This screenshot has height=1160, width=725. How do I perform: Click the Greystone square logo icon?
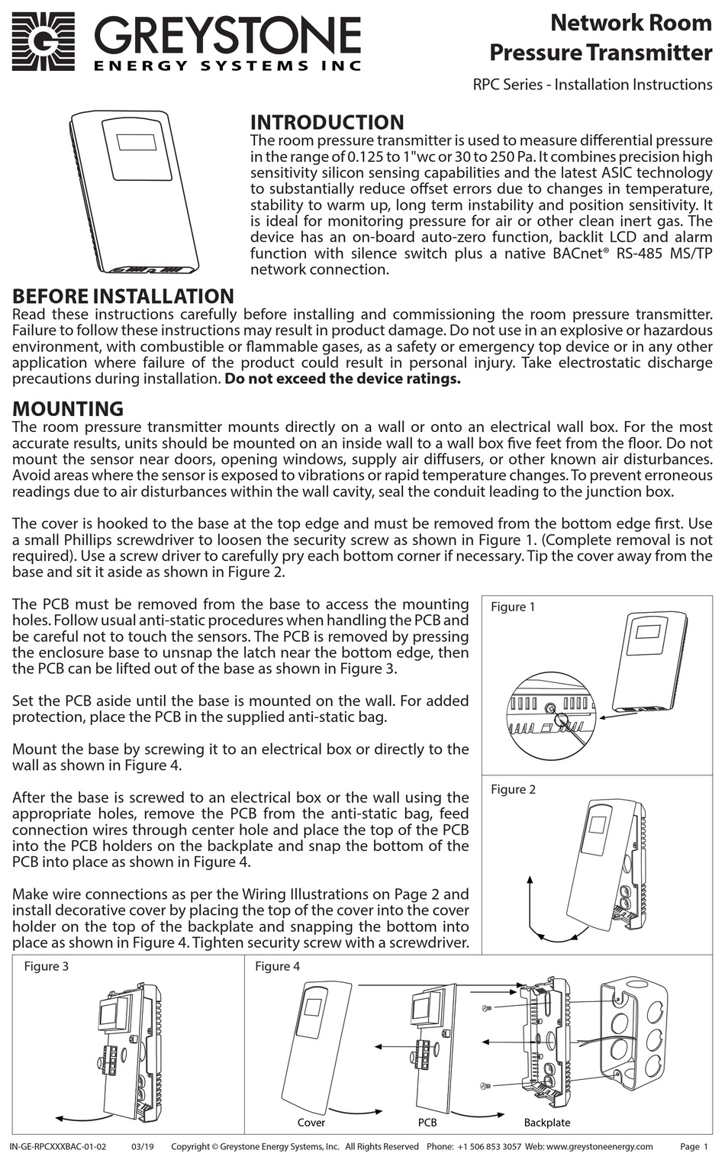pyautogui.click(x=43, y=41)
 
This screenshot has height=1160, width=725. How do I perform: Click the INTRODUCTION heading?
pyautogui.click(x=327, y=123)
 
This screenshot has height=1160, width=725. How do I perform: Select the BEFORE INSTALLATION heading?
pyautogui.click(x=124, y=297)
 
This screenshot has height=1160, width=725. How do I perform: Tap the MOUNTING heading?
pyautogui.click(x=68, y=409)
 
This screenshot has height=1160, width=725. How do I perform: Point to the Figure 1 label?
pyautogui.click(x=512, y=607)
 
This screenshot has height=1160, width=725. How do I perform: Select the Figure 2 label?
pyautogui.click(x=513, y=789)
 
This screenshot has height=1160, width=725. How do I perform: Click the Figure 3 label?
pyautogui.click(x=46, y=966)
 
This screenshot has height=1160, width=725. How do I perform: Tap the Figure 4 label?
pyautogui.click(x=277, y=966)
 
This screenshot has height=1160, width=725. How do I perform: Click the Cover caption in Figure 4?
pyautogui.click(x=311, y=1123)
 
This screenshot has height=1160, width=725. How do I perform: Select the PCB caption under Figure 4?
pyautogui.click(x=427, y=1123)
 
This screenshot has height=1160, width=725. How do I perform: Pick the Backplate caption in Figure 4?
pyautogui.click(x=546, y=1123)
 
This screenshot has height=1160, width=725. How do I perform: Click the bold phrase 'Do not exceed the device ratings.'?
pyautogui.click(x=343, y=379)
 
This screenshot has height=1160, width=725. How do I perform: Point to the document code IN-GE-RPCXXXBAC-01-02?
pyautogui.click(x=58, y=1146)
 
